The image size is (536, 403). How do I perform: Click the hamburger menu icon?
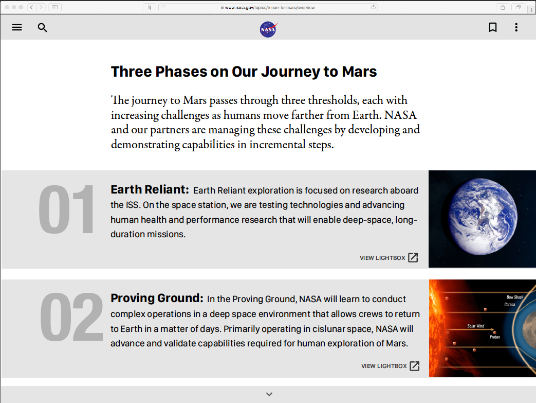point(17,27)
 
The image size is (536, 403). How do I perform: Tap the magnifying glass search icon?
point(42,27)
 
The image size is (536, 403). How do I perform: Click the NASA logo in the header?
point(268,29)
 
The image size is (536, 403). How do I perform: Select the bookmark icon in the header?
point(493,27)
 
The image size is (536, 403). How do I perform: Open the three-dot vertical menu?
point(516,27)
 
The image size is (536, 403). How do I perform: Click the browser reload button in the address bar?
point(373,7)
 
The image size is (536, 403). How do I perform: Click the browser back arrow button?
point(31,7)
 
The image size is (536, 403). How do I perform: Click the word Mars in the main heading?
point(359,72)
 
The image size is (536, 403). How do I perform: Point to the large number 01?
point(66,209)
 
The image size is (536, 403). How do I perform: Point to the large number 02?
point(71,317)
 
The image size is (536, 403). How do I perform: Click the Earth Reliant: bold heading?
point(150,189)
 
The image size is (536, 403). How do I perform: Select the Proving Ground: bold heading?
point(157,298)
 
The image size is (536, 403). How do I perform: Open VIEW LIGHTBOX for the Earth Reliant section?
point(389,258)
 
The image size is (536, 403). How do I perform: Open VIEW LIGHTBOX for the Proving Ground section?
point(391,366)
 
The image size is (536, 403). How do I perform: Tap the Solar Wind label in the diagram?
point(476,326)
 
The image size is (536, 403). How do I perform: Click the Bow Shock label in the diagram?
point(515,297)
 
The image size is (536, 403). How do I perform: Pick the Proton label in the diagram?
point(495,337)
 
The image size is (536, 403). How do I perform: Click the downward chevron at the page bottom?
point(269,394)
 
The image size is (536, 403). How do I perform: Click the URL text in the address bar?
point(270,8)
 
